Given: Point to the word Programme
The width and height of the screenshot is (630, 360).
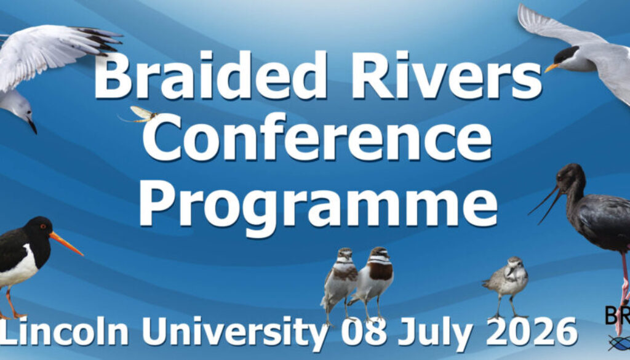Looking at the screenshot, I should [317, 203].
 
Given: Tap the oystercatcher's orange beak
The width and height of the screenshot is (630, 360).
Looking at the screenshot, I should [66, 243].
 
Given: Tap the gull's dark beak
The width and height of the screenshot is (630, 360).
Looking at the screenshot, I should [32, 126].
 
